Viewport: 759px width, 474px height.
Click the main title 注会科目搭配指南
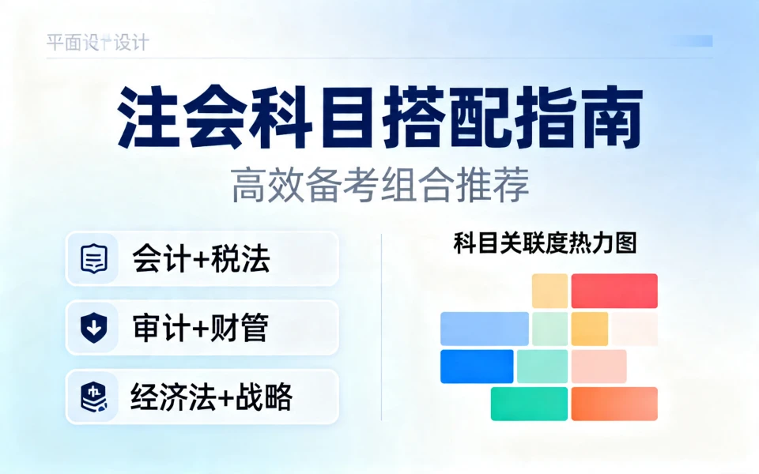click(x=379, y=118)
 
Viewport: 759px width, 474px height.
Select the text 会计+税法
click(x=201, y=259)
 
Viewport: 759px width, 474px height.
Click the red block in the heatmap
click(x=614, y=291)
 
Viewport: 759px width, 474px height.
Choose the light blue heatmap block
click(x=485, y=329)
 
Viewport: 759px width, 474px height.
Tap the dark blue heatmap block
click(x=477, y=367)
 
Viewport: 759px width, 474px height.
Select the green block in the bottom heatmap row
click(x=529, y=404)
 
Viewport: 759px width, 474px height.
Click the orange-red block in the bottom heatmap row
click(x=614, y=404)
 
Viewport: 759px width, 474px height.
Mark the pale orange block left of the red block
click(x=549, y=291)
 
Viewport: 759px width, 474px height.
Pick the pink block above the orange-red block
click(x=599, y=367)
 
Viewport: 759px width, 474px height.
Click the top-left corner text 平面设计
click(x=97, y=42)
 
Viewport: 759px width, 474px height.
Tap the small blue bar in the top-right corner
click(x=697, y=41)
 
